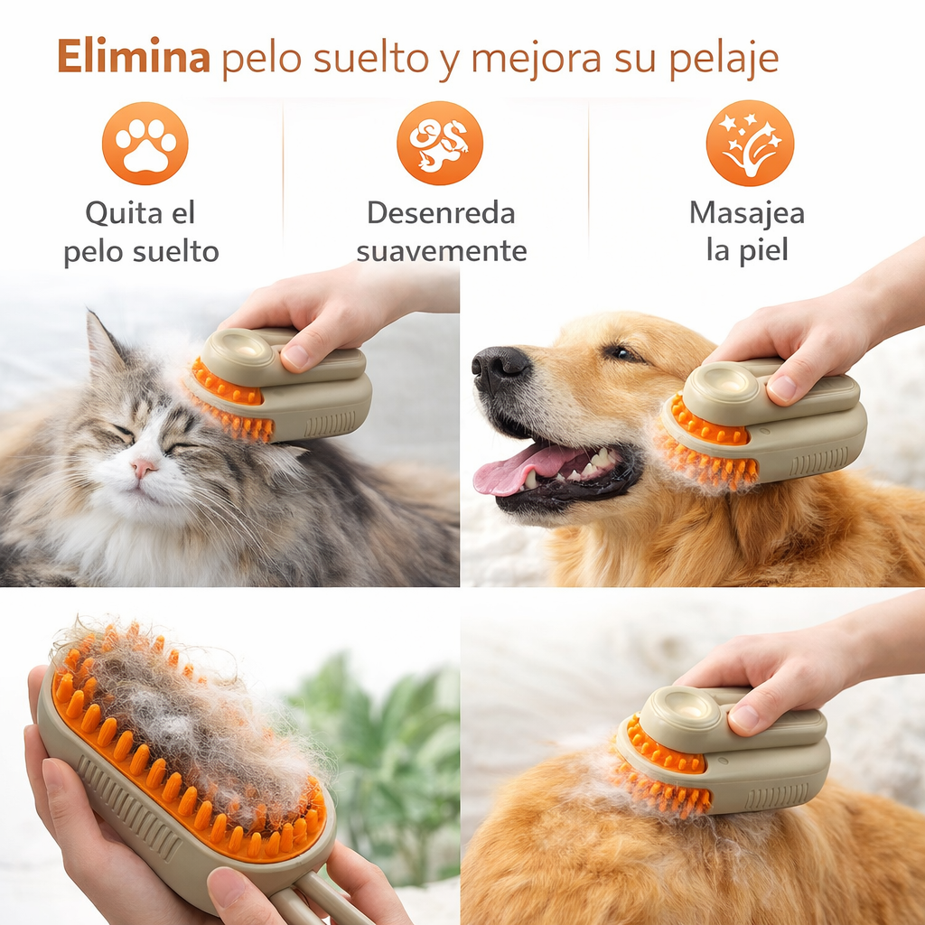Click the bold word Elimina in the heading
point(133,58)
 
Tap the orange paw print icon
point(145,143)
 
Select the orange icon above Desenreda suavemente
point(440,143)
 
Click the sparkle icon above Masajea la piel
point(750,143)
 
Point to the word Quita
point(115,214)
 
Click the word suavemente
point(441,250)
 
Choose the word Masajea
point(746,213)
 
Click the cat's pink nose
point(142,468)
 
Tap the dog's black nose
point(500,366)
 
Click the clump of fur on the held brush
point(190,714)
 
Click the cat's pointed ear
point(103,343)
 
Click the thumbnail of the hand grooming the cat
point(294,360)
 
